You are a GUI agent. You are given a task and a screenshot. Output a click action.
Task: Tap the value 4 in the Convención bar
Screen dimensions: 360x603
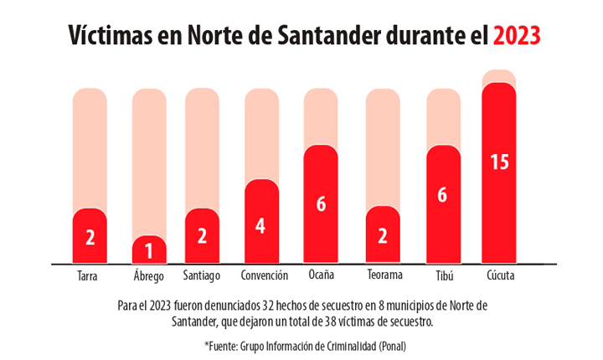[x=261, y=226]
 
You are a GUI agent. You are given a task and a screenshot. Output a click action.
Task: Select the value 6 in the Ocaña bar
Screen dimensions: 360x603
[x=321, y=204]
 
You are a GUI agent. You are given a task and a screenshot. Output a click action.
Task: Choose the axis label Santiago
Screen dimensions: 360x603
[x=202, y=275]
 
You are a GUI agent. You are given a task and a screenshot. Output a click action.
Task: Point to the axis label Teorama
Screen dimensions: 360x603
[x=384, y=275]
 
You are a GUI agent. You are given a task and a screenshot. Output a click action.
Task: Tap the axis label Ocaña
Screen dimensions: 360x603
[x=322, y=275]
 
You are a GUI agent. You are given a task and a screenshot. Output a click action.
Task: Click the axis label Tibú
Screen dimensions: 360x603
[x=445, y=275]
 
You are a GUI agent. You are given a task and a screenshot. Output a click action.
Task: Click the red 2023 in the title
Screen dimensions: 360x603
[x=517, y=36]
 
